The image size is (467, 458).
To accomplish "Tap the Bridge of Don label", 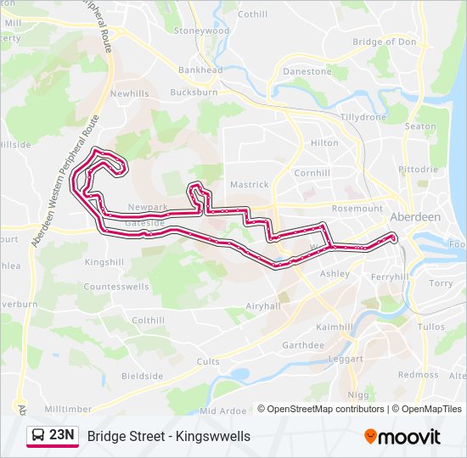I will [x=384, y=42].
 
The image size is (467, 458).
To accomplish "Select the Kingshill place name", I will [x=104, y=263].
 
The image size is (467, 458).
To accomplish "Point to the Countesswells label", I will [x=117, y=288].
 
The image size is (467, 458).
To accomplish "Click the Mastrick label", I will [x=250, y=184].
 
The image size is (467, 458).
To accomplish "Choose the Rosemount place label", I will [x=357, y=209].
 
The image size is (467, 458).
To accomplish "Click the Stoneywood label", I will [x=202, y=31].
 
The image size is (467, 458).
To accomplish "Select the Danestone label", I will [x=307, y=71].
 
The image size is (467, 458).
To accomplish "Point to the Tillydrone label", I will [x=363, y=117].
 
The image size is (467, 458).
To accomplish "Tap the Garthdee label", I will [x=303, y=345].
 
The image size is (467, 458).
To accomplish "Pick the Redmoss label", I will [x=419, y=375].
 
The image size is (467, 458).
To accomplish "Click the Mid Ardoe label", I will [x=222, y=411].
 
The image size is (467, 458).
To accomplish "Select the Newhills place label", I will [x=129, y=93].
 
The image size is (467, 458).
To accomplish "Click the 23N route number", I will [x=62, y=435].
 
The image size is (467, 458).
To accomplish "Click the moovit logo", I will [x=402, y=437].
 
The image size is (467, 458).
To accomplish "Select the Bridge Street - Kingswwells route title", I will [x=168, y=436].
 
